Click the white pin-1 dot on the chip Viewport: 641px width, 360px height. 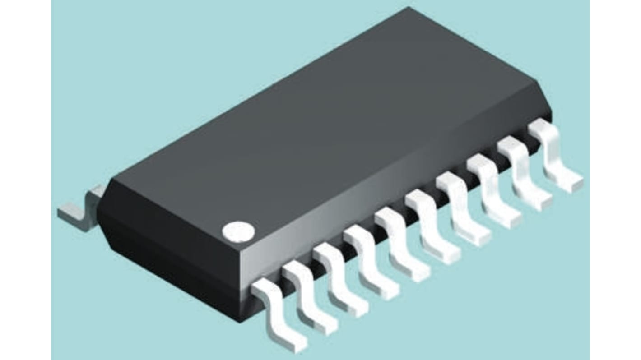pyautogui.click(x=238, y=231)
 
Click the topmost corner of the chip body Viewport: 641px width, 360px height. pyautogui.click(x=409, y=8)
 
